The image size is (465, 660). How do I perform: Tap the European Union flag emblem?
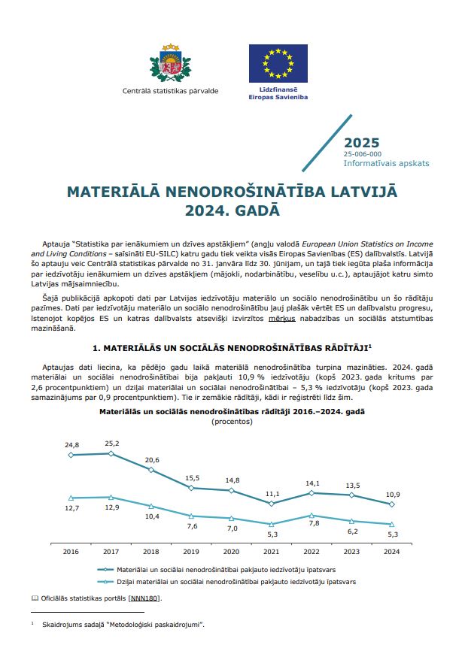coord(278,63)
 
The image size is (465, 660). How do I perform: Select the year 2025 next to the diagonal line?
coord(361,143)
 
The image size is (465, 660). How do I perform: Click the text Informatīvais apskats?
coord(386,162)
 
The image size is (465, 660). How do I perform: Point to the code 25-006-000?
coord(363,153)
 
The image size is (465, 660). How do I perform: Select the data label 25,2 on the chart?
coord(111,443)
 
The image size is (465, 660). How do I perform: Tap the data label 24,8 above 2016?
coord(71,445)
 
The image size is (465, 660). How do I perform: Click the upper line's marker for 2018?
coord(151,470)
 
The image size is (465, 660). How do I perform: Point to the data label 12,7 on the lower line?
coord(71,508)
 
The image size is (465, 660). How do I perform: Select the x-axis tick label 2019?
coord(191,551)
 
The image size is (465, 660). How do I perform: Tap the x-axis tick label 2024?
coord(391,551)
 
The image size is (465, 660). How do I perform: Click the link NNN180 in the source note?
coord(144,598)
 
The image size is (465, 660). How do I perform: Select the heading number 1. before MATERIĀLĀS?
coord(96,349)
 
